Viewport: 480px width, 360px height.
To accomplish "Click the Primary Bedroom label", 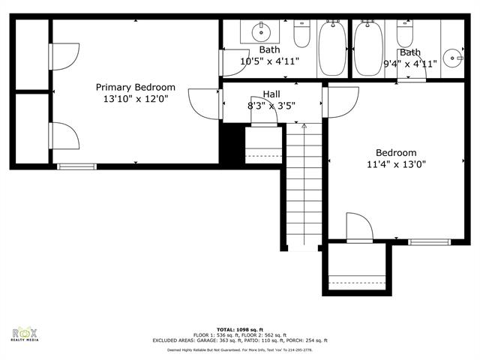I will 135,87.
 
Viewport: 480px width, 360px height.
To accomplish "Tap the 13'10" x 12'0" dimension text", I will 135,99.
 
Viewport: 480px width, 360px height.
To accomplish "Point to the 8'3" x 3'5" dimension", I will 271,106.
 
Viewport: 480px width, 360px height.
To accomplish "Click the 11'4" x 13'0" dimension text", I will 396,164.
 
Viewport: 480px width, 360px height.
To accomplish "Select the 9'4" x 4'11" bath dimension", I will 410,64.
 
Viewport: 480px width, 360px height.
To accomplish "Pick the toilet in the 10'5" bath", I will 302,34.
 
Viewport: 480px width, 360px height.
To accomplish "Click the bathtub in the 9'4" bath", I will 367,48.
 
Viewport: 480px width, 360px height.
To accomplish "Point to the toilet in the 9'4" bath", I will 405,34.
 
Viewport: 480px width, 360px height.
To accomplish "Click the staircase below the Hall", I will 304,187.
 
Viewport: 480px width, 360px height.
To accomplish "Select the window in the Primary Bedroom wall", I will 77,166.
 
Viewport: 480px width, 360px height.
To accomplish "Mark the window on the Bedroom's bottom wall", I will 429,241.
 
